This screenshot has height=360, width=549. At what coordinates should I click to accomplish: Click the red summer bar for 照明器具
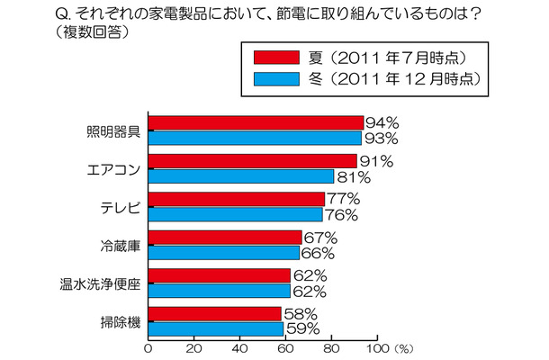coord(256,122)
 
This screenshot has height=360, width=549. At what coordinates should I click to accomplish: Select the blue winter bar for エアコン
coord(241,175)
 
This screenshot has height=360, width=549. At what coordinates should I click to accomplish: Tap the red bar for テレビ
coord(237,199)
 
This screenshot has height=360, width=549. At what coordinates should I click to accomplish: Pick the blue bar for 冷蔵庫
coord(224,253)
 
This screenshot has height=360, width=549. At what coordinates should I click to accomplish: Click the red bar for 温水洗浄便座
coord(219,275)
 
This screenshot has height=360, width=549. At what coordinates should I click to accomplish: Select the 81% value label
coord(352,176)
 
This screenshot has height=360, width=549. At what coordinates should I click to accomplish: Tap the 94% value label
coord(382,122)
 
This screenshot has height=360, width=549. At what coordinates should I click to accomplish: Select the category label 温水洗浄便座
coord(102,283)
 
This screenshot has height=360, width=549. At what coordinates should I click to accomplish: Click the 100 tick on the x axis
coord(378,346)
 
